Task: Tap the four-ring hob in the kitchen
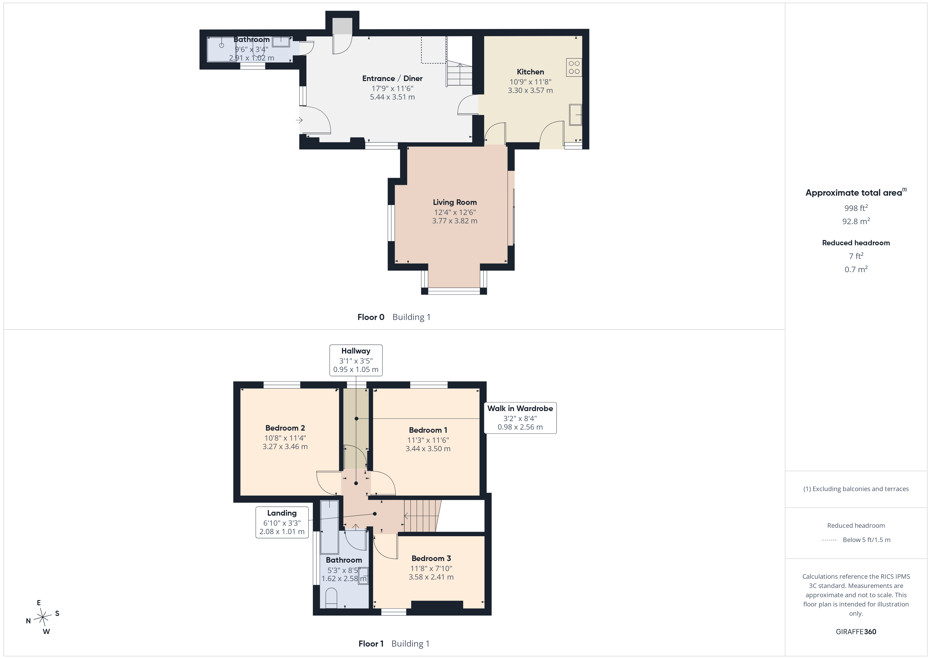coord(574,67)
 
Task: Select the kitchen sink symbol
coord(575,115)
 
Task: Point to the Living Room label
coord(455,202)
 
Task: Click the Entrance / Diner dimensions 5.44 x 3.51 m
coord(392,97)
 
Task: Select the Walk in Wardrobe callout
coord(520,418)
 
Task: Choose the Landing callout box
coord(282,522)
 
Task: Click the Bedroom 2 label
coord(285,428)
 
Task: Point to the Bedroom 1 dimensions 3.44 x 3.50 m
coord(428,448)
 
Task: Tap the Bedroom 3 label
coord(431,558)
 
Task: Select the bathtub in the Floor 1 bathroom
coord(329,527)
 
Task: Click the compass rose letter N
coord(28,621)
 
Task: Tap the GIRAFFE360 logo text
coord(856,632)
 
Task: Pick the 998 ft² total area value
coord(856,208)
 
